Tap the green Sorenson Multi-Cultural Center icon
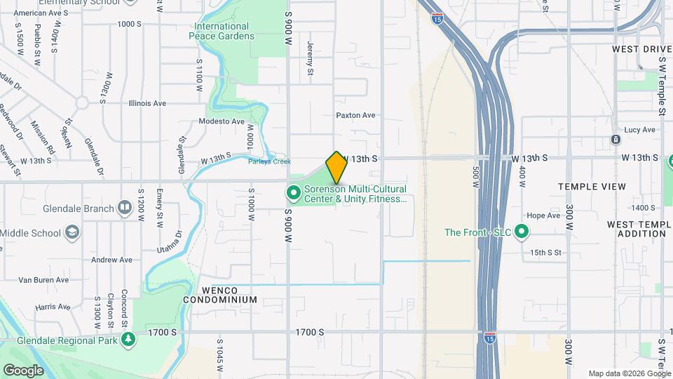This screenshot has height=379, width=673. (293, 192)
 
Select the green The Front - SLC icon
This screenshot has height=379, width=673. (521, 231)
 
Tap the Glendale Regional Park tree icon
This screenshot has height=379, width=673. (128, 339)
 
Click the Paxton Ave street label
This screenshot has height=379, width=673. (355, 115)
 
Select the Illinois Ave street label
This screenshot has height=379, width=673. (147, 103)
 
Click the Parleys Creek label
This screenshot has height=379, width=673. (269, 161)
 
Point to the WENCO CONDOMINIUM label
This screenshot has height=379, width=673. (219, 295)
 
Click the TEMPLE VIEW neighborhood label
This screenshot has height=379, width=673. (592, 187)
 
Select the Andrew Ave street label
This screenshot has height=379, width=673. (113, 260)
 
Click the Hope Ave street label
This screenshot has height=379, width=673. (543, 215)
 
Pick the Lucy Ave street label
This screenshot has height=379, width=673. (639, 130)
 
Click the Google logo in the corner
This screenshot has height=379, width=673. (23, 370)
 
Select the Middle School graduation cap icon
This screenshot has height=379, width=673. (72, 232)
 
